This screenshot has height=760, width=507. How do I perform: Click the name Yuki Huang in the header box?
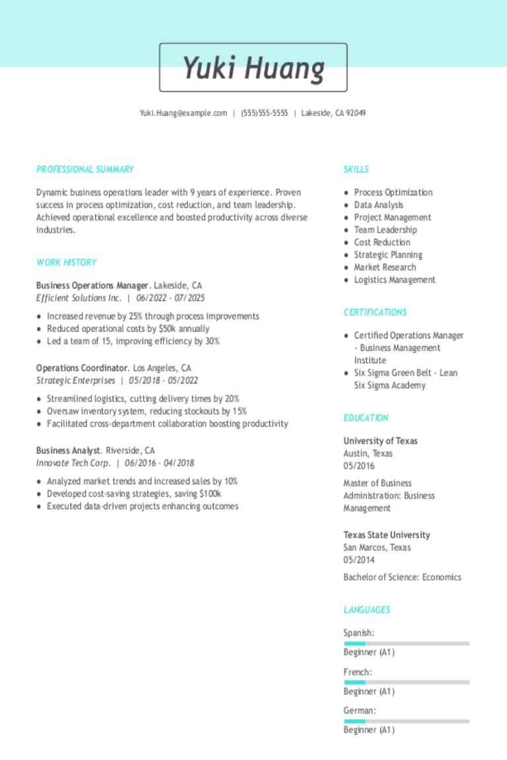253,68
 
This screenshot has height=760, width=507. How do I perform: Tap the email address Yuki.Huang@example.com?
183,113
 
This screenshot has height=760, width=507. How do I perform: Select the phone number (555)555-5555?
264,113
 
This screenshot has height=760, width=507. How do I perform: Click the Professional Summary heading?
84,170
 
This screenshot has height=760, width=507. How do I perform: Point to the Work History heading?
66,263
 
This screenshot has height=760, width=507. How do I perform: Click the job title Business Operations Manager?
92,286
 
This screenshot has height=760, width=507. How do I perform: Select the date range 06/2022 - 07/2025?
170,298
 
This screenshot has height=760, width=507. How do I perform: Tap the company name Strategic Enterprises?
75,381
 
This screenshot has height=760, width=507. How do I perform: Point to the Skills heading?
356,170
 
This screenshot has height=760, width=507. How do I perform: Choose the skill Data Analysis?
378,205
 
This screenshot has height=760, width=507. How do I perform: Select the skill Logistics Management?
394,280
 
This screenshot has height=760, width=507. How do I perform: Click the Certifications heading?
375,313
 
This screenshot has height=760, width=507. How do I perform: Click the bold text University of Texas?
380,441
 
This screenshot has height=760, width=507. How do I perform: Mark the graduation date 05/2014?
358,560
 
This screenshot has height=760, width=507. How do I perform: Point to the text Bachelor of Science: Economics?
402,577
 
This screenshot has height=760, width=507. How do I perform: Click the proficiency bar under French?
406,682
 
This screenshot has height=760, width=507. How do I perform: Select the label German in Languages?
358,711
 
